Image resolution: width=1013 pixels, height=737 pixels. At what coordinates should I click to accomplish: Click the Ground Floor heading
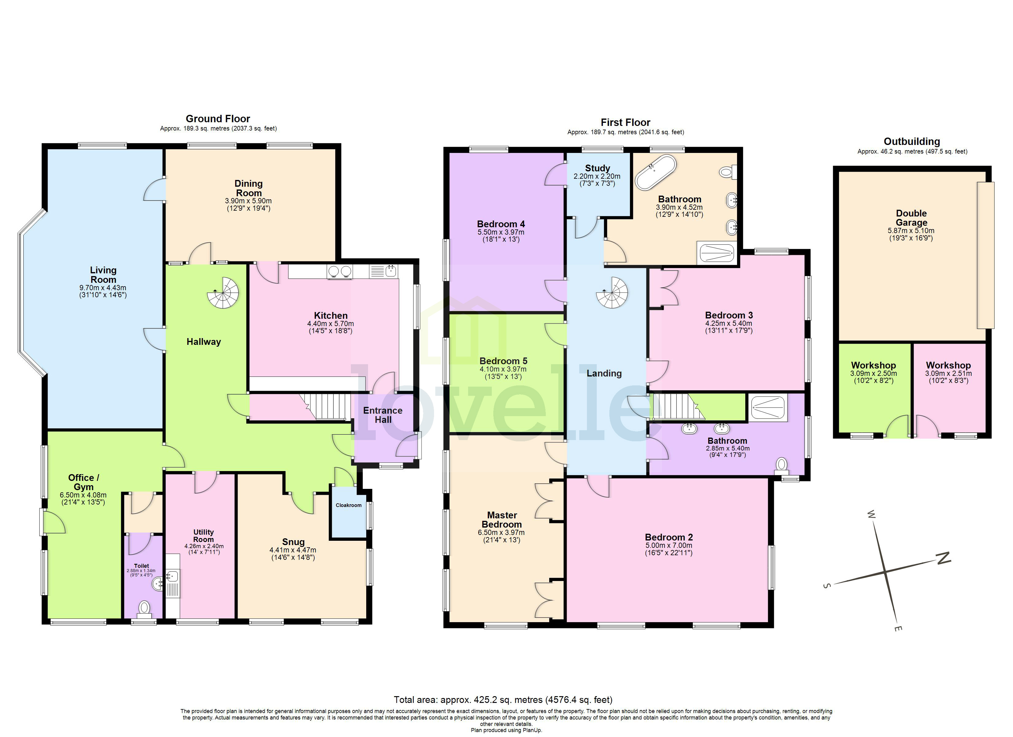218,119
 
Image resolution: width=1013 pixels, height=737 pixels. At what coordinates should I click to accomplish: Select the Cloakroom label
348,505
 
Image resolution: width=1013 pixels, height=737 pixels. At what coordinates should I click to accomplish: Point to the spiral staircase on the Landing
612,293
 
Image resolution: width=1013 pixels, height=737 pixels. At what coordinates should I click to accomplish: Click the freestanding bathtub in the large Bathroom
656,173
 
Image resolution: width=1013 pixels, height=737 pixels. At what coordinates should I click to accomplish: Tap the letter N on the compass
943,558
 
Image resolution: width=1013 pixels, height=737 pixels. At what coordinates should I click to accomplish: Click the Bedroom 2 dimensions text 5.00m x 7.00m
668,545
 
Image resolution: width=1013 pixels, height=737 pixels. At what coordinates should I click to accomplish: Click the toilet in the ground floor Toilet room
144,608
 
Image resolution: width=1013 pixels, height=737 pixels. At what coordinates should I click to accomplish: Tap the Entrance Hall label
383,415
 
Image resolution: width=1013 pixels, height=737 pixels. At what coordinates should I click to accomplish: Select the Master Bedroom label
502,520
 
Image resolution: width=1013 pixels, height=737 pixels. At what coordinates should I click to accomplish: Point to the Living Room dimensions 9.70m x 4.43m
103,288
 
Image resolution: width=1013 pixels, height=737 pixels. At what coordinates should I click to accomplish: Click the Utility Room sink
173,576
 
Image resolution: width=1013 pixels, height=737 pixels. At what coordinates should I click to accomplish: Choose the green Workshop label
873,365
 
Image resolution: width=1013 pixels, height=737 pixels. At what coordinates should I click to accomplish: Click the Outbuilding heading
912,142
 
